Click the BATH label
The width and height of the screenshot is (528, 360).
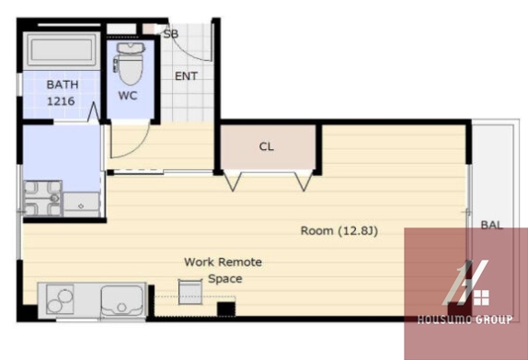63,85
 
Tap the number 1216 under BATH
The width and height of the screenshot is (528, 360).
61,101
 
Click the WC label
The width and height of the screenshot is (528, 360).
128,96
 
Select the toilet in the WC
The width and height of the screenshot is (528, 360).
129,64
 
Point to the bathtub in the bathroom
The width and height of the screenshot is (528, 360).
62,51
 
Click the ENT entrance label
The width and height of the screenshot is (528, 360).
186,76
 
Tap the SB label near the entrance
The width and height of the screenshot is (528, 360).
171,34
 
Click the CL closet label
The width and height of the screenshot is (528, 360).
267,146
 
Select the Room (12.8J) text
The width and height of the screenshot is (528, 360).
339,230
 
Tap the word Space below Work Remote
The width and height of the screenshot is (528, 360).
225,279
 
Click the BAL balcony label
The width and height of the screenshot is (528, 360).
491,225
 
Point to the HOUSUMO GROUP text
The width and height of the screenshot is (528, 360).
465,319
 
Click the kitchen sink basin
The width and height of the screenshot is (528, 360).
121,301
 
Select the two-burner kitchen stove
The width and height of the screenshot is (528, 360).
60,299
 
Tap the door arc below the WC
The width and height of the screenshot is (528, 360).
133,145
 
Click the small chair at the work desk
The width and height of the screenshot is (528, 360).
190,292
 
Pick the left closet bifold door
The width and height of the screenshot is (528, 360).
233,181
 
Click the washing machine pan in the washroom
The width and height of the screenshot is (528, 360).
42,199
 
